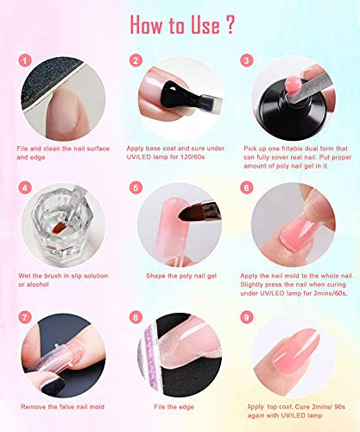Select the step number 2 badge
tap(136, 61)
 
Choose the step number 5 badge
tap(136, 187)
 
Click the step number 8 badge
tap(136, 316)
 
